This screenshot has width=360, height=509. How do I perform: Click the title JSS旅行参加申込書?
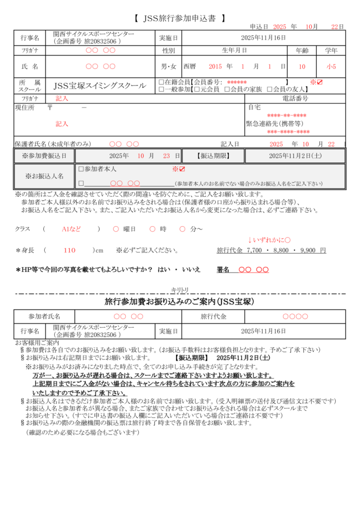coord(180,18)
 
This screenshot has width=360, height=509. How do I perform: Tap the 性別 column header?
coord(169,51)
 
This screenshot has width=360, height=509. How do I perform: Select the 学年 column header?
coord(331,51)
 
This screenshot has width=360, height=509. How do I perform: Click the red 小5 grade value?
coord(331,66)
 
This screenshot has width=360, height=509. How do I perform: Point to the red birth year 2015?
coord(215,66)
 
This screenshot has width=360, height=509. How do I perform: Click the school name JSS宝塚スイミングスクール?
coord(100,85)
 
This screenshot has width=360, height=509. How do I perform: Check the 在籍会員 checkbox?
coord(161,82)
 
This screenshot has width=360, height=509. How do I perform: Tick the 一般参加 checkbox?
coord(161,89)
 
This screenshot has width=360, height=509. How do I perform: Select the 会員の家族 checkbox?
coord(227,89)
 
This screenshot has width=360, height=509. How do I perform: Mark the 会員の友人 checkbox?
coord(269,89)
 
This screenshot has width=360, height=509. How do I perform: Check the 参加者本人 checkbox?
coord(81,169)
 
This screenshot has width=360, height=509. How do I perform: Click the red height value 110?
coord(70,250)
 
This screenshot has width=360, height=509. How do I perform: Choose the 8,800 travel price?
coord(277,250)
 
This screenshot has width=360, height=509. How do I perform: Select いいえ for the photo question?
coord(191,269)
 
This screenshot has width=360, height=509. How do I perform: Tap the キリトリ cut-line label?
coord(180,290)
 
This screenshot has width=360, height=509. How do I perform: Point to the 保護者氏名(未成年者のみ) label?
coord(53,144)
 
